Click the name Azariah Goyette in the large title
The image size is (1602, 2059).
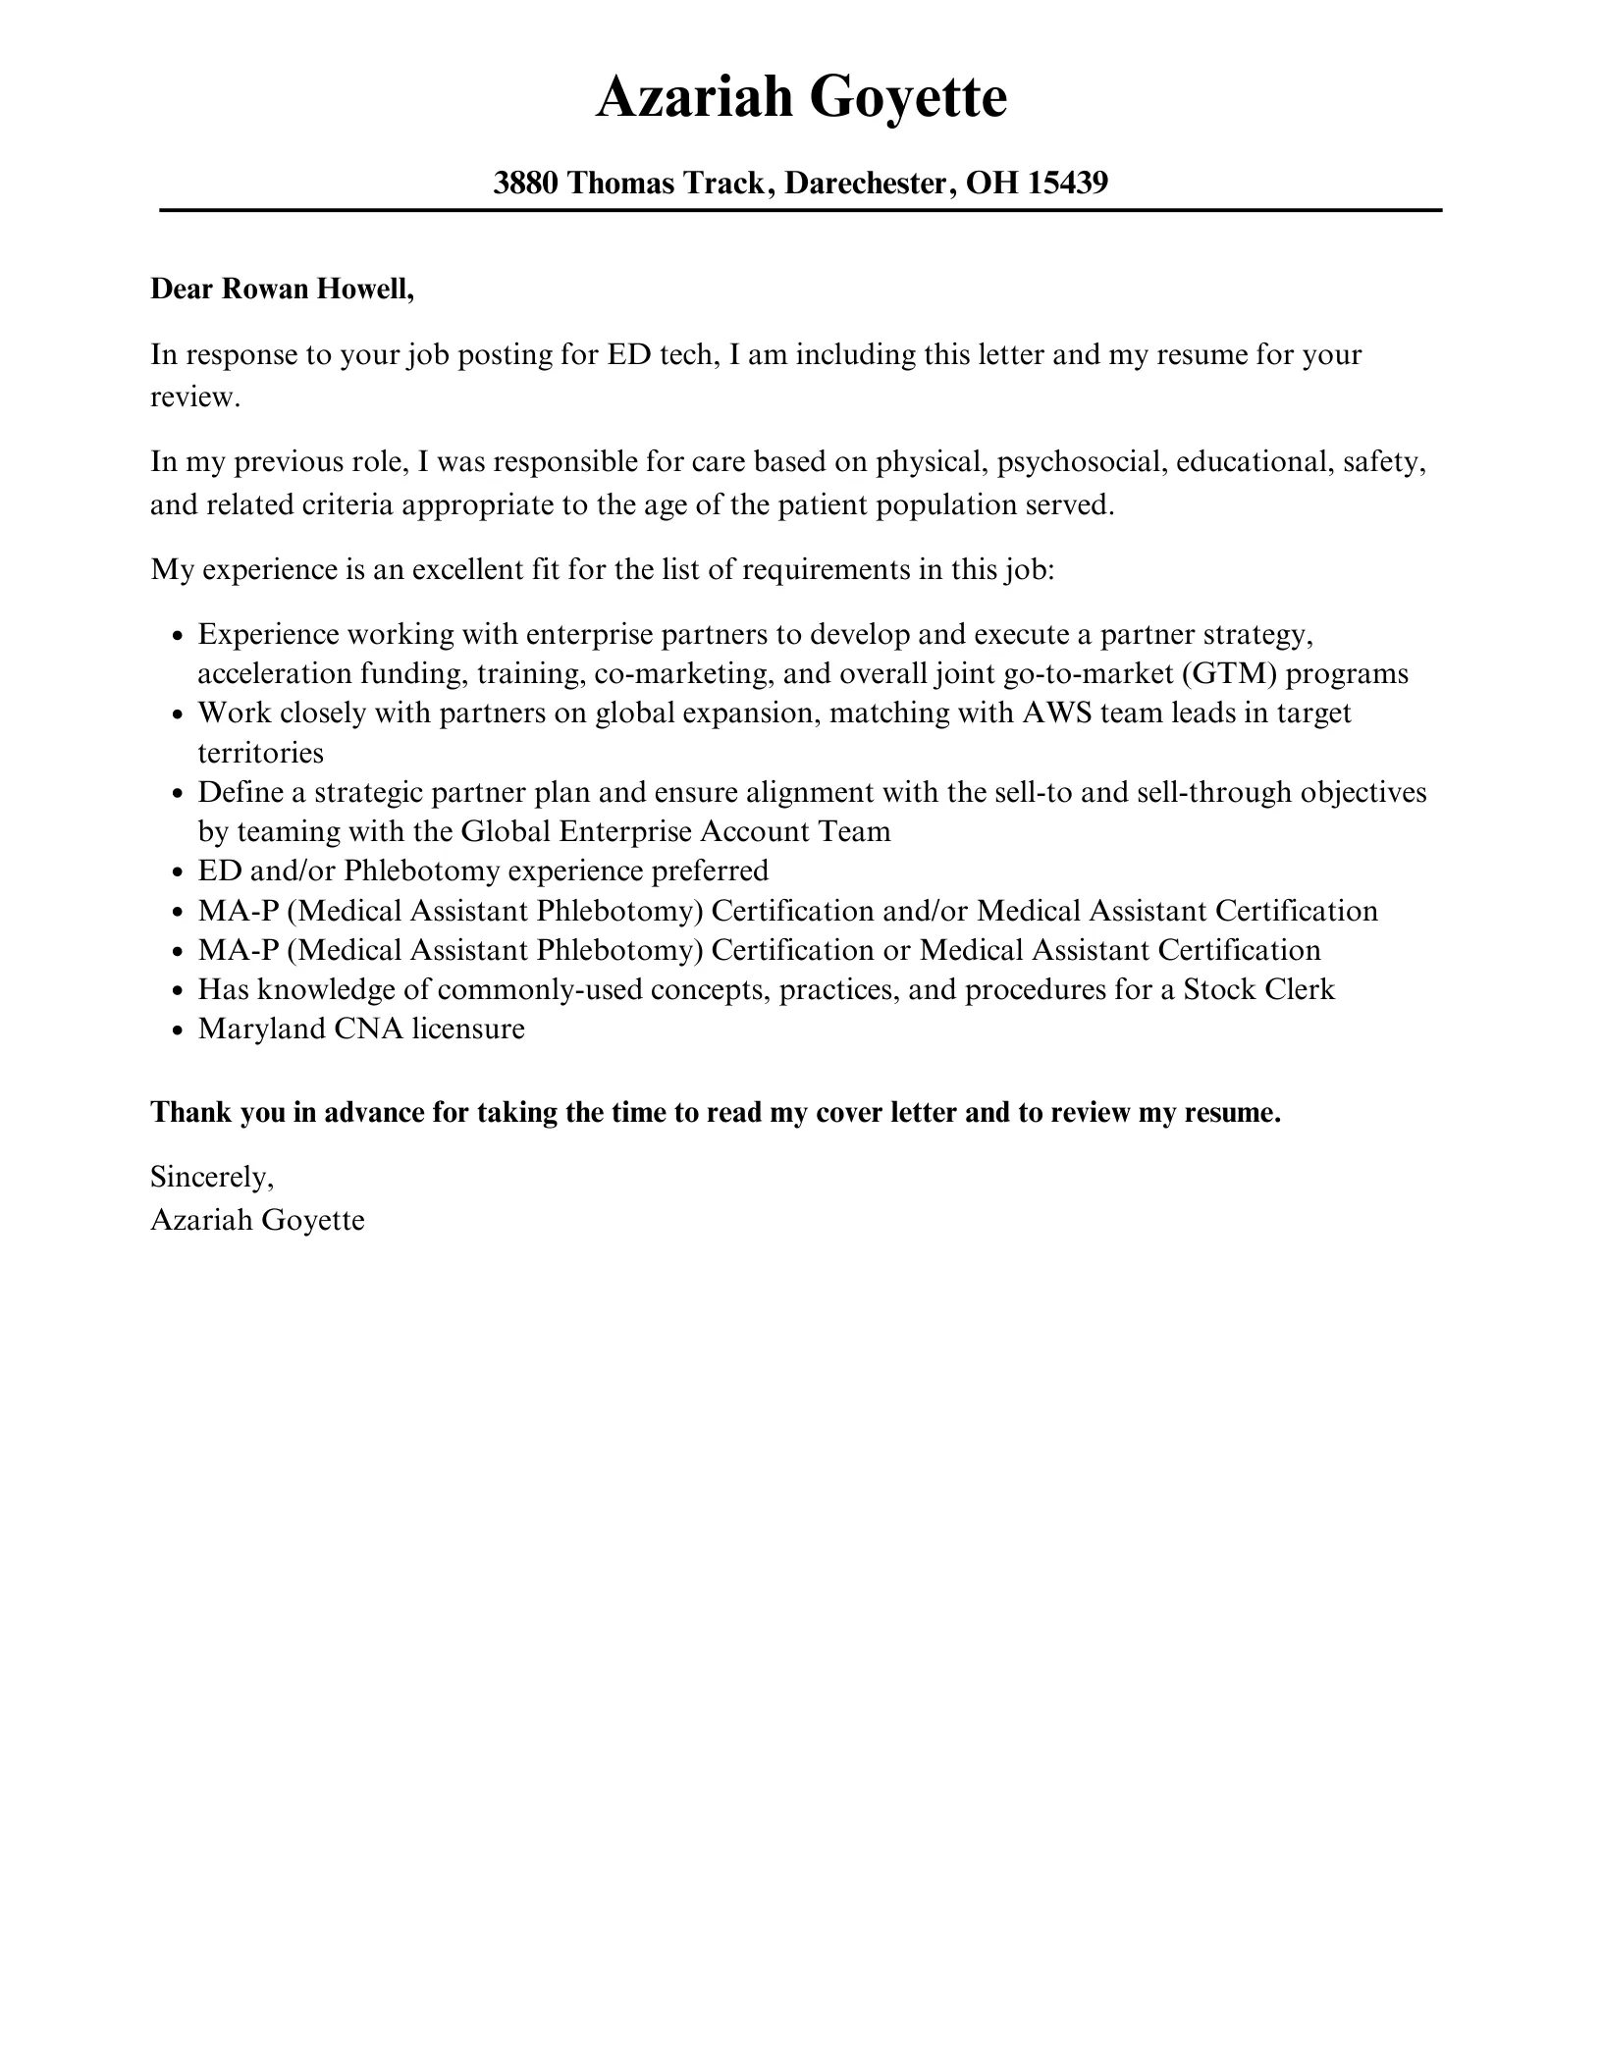coord(801,98)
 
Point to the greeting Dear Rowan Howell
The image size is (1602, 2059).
coord(283,290)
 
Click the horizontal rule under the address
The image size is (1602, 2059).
coord(801,210)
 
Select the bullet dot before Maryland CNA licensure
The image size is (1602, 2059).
coord(178,1030)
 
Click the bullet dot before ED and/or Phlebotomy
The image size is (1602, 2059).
coord(178,872)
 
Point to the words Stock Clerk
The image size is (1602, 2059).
coord(1258,989)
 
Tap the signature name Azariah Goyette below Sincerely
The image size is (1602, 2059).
coord(257,1220)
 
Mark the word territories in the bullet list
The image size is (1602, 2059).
coord(260,753)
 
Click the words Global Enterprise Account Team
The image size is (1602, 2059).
coord(675,832)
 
